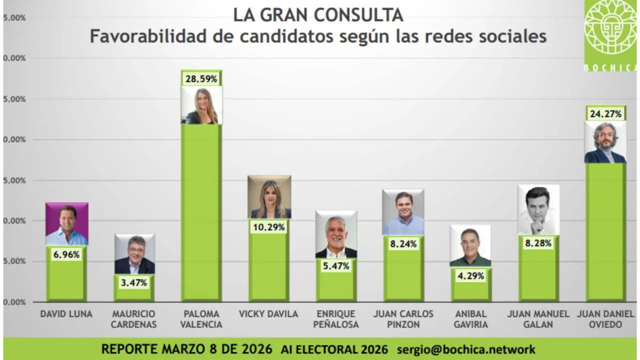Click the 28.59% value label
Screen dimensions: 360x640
click(201, 79)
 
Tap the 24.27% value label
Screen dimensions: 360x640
click(605, 114)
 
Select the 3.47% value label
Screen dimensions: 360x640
click(134, 282)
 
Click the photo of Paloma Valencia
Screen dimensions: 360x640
click(201, 105)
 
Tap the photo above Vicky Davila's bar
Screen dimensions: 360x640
click(269, 197)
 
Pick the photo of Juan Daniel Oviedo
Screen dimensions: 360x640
click(605, 142)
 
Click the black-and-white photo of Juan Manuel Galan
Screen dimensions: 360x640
click(538, 210)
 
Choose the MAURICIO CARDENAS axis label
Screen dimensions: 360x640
click(134, 319)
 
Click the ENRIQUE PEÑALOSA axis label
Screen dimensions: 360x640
click(336, 319)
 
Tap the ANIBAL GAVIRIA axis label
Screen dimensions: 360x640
click(470, 319)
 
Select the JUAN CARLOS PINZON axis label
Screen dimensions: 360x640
click(403, 319)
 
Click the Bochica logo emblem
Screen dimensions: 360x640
click(610, 30)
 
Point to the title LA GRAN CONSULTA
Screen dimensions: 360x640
click(318, 15)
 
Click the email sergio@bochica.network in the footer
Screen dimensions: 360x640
click(466, 349)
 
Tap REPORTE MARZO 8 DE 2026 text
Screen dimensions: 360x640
click(186, 349)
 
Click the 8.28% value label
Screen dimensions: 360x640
click(538, 243)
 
